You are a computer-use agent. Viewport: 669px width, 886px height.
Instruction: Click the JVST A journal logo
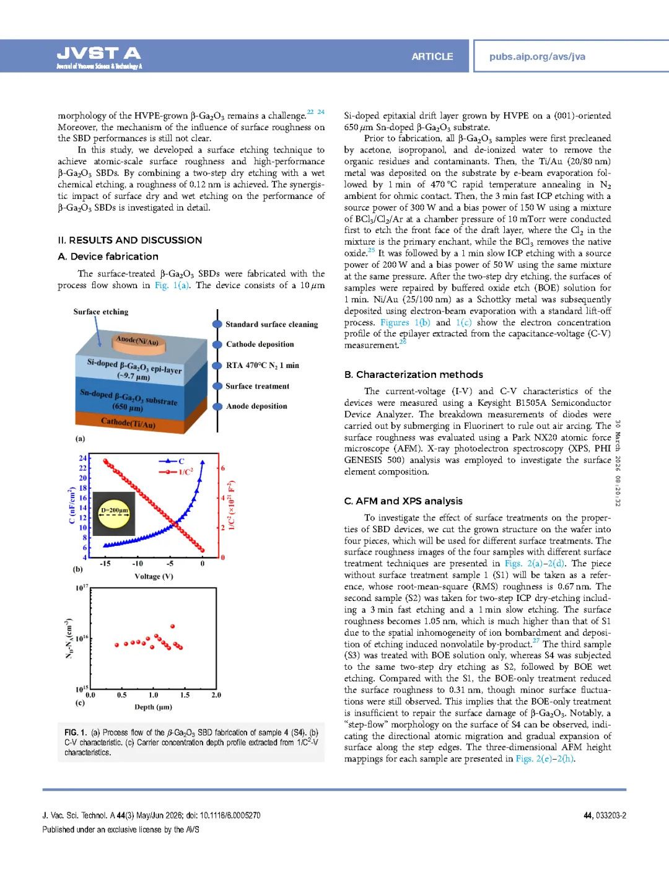(99, 56)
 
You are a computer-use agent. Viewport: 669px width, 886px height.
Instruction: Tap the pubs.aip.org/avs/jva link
(537, 56)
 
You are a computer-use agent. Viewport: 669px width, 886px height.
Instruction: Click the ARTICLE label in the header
(432, 56)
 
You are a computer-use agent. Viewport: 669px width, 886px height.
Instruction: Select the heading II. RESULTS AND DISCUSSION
(129, 240)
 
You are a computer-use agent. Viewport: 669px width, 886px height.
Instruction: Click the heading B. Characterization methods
(413, 375)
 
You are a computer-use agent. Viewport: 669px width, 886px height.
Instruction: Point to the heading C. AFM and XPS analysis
(403, 501)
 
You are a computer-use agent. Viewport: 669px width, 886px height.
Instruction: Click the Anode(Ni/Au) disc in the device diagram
(138, 340)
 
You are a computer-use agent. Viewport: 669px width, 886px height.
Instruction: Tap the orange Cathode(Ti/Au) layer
(128, 423)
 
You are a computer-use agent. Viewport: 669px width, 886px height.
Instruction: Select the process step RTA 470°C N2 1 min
(262, 366)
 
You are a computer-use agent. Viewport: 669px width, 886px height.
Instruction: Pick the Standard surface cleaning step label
(271, 325)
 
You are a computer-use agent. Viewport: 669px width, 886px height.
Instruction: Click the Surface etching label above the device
(101, 312)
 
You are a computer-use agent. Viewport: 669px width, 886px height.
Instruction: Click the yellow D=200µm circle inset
(115, 512)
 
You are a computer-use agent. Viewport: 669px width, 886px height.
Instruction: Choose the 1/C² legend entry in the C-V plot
(185, 472)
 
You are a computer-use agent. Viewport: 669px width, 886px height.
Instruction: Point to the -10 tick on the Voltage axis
(138, 564)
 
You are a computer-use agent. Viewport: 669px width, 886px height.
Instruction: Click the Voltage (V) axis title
(154, 577)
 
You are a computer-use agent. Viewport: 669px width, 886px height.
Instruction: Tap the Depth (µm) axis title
(153, 707)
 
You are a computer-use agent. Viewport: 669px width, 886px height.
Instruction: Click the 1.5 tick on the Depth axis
(185, 695)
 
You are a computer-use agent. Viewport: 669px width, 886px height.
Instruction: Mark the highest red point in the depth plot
(173, 626)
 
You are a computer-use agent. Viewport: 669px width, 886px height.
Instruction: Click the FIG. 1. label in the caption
(76, 732)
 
